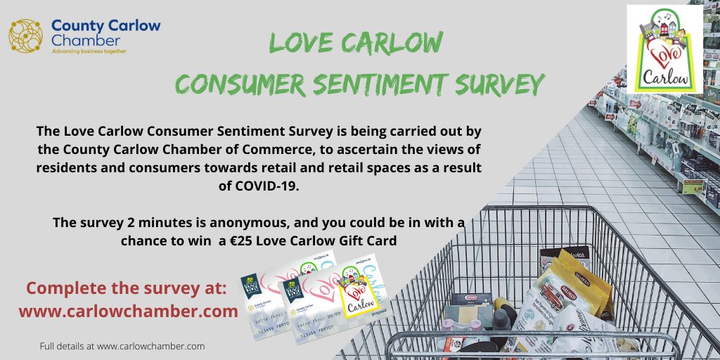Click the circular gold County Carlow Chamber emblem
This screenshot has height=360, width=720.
click(x=25, y=36)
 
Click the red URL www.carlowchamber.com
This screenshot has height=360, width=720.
click(x=128, y=311)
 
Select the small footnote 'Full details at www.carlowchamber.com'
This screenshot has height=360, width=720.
click(x=122, y=346)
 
